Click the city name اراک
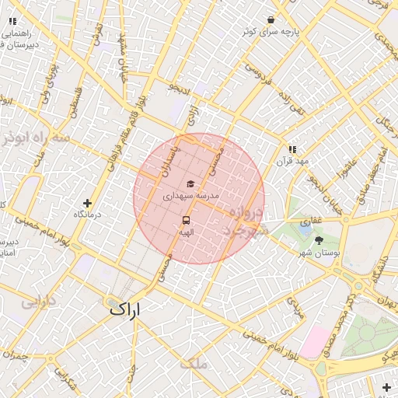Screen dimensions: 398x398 coord(126,309)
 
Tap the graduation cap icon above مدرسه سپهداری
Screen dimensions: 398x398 coord(189,183)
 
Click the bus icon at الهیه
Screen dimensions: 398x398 coord(187,220)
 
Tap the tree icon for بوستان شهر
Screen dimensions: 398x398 coord(319,240)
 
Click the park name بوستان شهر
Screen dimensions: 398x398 coord(318,253)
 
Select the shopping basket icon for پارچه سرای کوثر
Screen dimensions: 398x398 coord(271,19)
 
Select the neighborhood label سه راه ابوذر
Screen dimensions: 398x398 coord(35,138)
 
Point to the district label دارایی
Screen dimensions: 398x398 coord(37,302)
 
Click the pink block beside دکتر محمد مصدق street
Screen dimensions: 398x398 coord(316,342)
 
